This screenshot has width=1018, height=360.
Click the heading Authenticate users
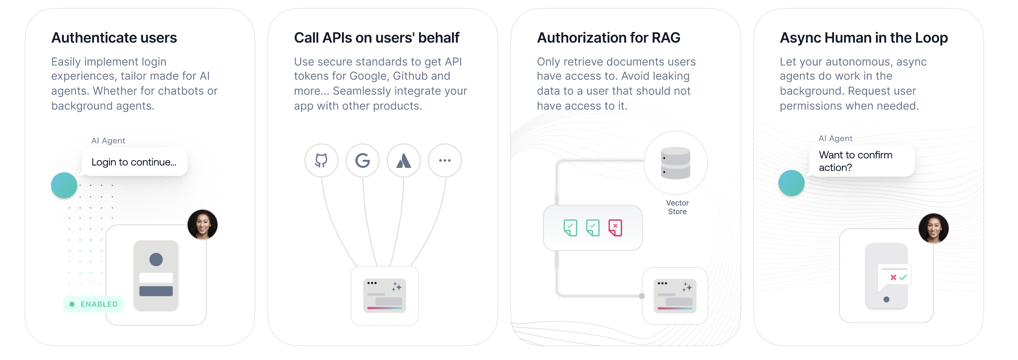pos(114,38)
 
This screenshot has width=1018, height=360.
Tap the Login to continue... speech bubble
pos(134,162)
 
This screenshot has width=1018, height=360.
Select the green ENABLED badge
pos(94,304)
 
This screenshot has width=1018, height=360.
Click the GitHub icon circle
pos(321,160)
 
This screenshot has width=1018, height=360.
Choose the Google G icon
pos(362,160)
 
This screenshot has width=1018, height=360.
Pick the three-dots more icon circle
pos(444,160)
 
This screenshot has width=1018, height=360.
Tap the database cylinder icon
pos(675,163)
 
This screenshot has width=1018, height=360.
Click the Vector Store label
pos(677,207)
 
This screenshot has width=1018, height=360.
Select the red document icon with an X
pos(615,228)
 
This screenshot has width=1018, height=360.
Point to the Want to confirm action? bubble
pos(862,161)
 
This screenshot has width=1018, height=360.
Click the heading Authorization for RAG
pos(608,38)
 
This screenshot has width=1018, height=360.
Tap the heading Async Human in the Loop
pos(864,38)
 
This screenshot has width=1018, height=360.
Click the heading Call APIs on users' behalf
pos(376,38)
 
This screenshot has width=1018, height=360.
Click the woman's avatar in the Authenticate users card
pos(202,225)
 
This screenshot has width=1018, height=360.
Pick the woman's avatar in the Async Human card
pos(933,228)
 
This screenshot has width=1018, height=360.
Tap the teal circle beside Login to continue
pos(64,186)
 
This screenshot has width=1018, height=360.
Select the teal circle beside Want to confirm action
pos(791,183)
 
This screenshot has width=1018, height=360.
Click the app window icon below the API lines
pos(385,295)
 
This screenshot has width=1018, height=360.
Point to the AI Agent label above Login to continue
pos(108,141)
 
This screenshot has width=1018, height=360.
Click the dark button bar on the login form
pos(156,291)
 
